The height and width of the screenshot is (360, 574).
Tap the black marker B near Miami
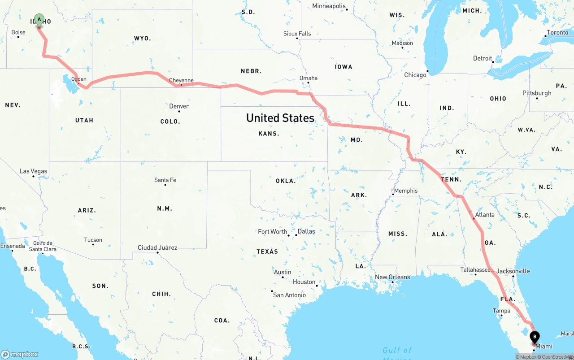[x=535, y=337]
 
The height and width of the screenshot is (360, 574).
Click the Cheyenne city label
[x=181, y=81]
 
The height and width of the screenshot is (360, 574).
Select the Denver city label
[x=179, y=106]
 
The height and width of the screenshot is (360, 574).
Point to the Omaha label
[x=309, y=78]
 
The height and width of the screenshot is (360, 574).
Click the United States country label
[x=280, y=118]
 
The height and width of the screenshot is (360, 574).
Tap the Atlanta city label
[x=485, y=215]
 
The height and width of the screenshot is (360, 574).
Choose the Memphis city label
[x=406, y=191]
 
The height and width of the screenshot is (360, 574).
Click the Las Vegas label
[x=33, y=171]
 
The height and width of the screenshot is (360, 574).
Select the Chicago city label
[x=415, y=75]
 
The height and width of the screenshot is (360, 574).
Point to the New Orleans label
[x=392, y=277]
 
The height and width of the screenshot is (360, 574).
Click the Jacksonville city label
[x=513, y=271]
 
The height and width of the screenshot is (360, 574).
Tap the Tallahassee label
[x=475, y=269]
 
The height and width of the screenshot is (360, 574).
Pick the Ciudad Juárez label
[x=157, y=247]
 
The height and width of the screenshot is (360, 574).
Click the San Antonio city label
[x=290, y=295]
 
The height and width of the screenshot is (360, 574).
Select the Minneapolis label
[x=329, y=6]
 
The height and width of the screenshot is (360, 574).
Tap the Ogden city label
[x=79, y=79]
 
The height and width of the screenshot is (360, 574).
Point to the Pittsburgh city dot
[x=537, y=99]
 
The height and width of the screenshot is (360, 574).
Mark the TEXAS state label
[x=267, y=252]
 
